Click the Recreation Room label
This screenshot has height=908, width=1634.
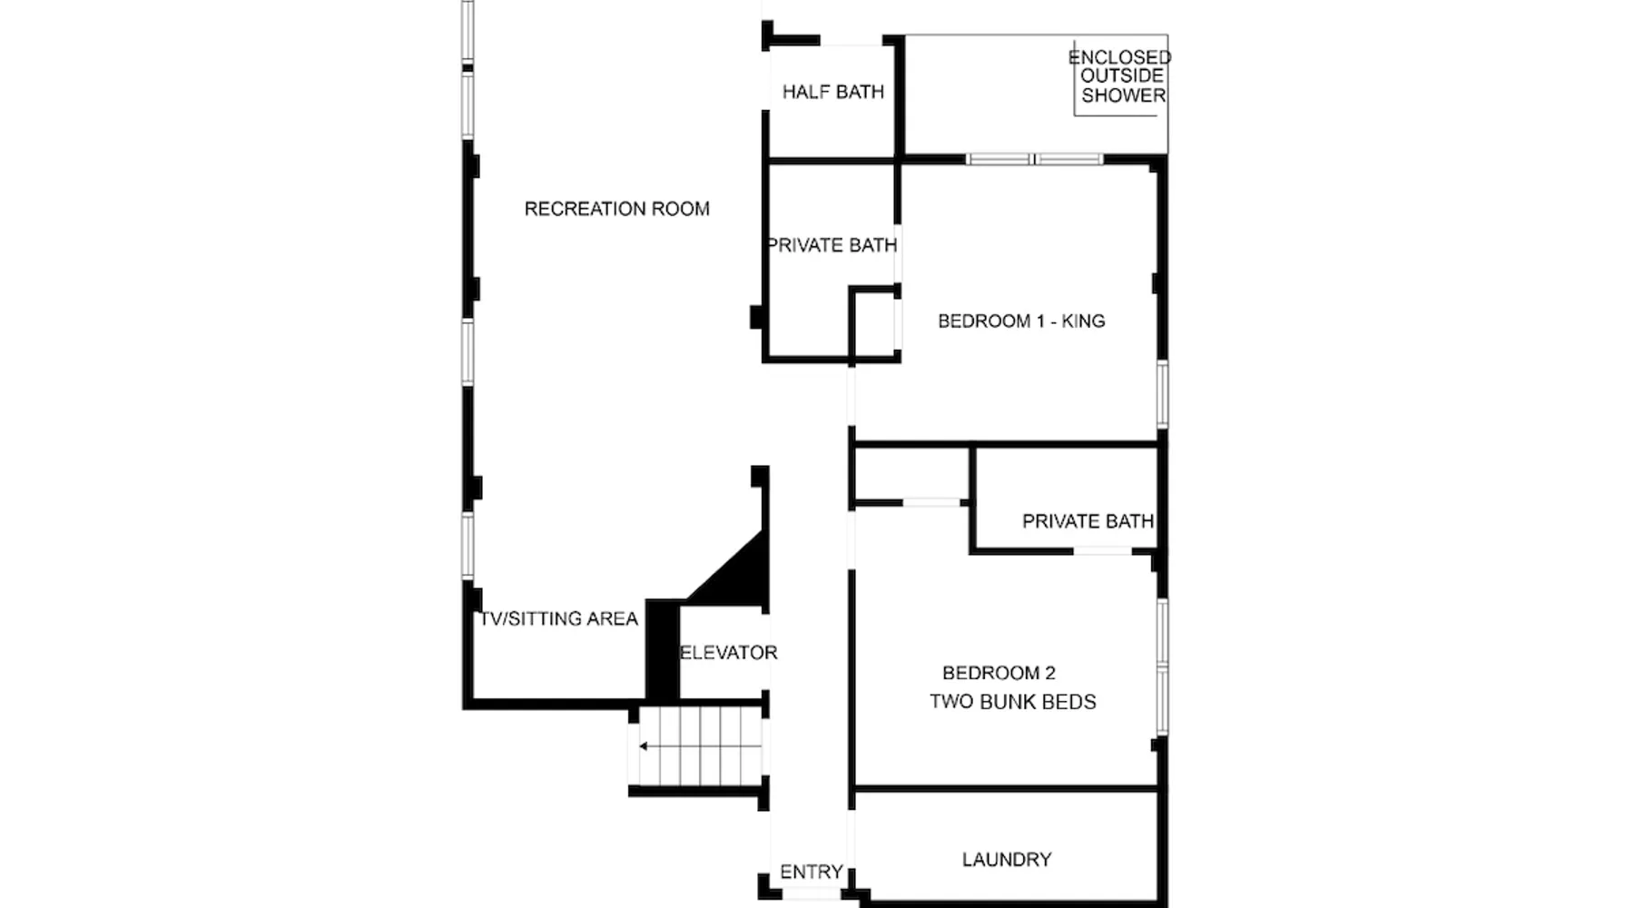pyautogui.click(x=617, y=209)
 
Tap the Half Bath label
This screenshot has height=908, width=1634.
pyautogui.click(x=833, y=92)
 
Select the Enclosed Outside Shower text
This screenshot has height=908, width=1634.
pyautogui.click(x=1121, y=76)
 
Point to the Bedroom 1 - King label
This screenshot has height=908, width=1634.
pyautogui.click(x=1021, y=321)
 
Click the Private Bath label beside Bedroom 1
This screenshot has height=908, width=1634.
pyautogui.click(x=832, y=245)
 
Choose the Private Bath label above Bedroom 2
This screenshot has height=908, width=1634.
pyautogui.click(x=1088, y=521)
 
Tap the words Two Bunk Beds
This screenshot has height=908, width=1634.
pyautogui.click(x=1013, y=702)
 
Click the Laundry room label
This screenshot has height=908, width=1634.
pyautogui.click(x=1007, y=859)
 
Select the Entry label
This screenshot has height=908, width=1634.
pyautogui.click(x=812, y=872)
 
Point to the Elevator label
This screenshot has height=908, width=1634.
pyautogui.click(x=729, y=652)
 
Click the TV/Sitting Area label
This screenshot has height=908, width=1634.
pyautogui.click(x=559, y=618)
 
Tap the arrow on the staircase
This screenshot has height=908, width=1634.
pyautogui.click(x=700, y=746)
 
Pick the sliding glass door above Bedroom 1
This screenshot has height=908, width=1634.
pyautogui.click(x=1034, y=159)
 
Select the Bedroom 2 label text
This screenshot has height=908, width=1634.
pyautogui.click(x=999, y=673)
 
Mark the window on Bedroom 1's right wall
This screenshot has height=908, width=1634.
pyautogui.click(x=1162, y=393)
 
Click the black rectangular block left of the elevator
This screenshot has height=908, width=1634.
pyautogui.click(x=663, y=649)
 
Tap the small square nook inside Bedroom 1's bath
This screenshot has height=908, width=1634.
pyautogui.click(x=873, y=323)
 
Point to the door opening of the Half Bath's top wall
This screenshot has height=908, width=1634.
pyautogui.click(x=851, y=41)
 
